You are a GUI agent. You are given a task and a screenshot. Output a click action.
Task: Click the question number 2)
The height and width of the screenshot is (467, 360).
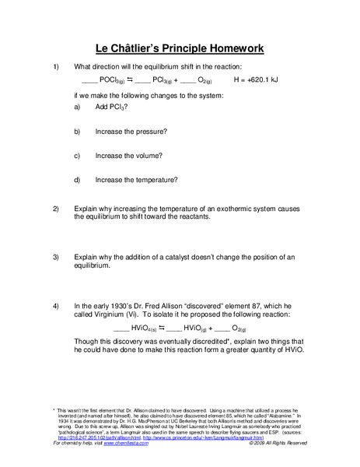pyautogui.click(x=55, y=209)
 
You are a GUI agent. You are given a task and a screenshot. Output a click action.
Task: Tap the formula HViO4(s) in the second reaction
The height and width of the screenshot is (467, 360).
pyautogui.click(x=127, y=330)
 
